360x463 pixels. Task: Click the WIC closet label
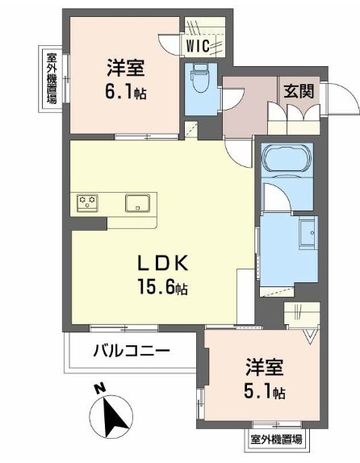tap(198, 46)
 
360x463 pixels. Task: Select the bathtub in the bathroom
tap(287, 159)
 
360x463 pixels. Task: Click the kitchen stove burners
tap(87, 202)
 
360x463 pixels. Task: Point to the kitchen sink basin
tap(137, 202)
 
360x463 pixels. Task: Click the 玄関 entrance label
tap(299, 91)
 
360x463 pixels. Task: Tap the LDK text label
tap(163, 263)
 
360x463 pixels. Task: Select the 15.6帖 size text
tap(163, 287)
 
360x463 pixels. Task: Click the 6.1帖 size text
tap(125, 92)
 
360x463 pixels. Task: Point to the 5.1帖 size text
tap(265, 392)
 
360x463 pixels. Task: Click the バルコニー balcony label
tap(132, 352)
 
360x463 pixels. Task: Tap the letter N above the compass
tap(100, 389)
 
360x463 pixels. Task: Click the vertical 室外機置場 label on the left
tap(51, 78)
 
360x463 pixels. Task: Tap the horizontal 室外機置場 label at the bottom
tap(276, 440)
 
